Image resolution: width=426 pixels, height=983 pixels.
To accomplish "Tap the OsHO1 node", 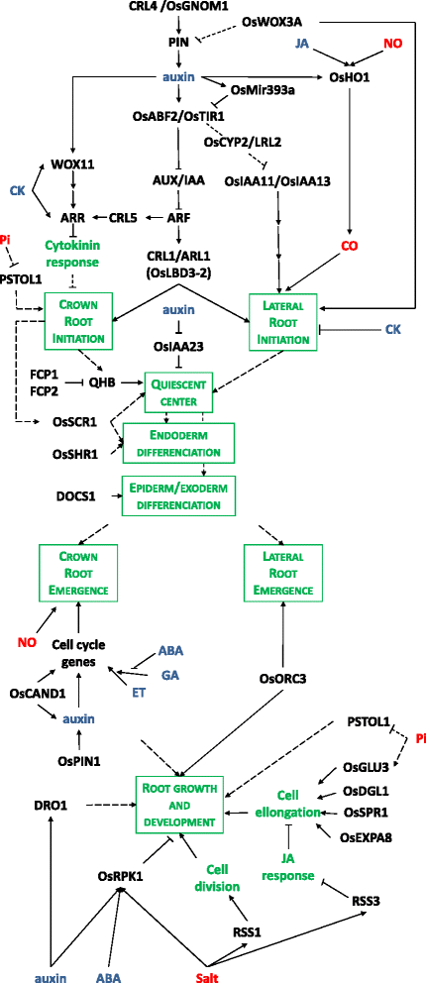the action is click(x=338, y=77).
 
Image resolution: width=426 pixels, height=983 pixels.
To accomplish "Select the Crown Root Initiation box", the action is click(x=78, y=320).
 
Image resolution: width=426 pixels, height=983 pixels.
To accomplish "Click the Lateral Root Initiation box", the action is click(x=280, y=320).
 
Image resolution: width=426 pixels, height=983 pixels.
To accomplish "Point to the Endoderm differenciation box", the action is click(x=179, y=442).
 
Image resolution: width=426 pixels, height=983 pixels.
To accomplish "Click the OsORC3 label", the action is click(x=282, y=679).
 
